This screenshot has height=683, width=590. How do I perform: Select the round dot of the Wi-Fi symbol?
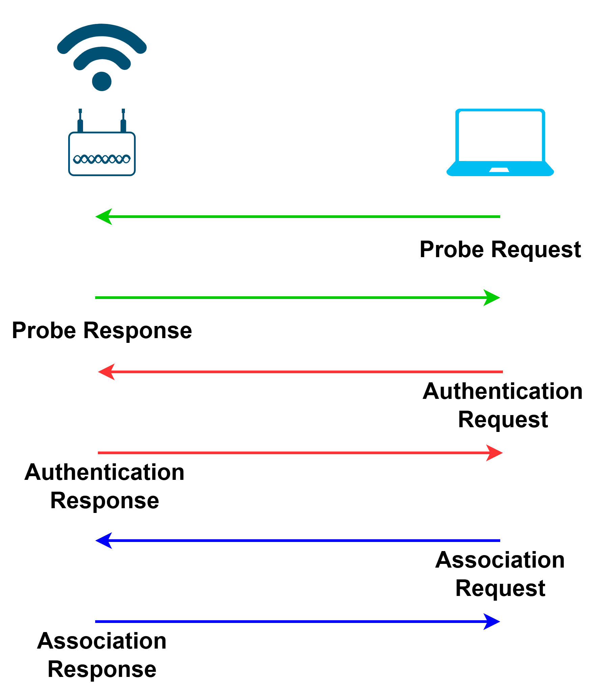tap(102, 81)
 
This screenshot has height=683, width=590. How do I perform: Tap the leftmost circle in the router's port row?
tap(77, 159)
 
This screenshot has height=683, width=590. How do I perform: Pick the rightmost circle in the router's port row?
tap(126, 159)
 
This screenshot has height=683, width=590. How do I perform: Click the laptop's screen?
tap(500, 137)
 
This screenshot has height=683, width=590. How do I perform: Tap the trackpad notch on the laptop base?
tap(500, 169)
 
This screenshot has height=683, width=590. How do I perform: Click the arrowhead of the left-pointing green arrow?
tap(103, 217)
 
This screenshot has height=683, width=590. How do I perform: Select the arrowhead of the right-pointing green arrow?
tap(492, 298)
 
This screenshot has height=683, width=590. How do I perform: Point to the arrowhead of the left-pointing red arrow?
tap(106, 372)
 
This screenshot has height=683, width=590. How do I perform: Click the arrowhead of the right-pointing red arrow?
tap(494, 453)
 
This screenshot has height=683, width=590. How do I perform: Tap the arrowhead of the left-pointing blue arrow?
tap(103, 541)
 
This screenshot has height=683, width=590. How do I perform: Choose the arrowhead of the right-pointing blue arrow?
tap(492, 622)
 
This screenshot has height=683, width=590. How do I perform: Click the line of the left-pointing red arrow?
tap(304, 372)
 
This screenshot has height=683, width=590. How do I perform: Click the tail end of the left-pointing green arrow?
tap(499, 217)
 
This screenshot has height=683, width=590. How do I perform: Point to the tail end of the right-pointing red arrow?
tap(99, 453)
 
